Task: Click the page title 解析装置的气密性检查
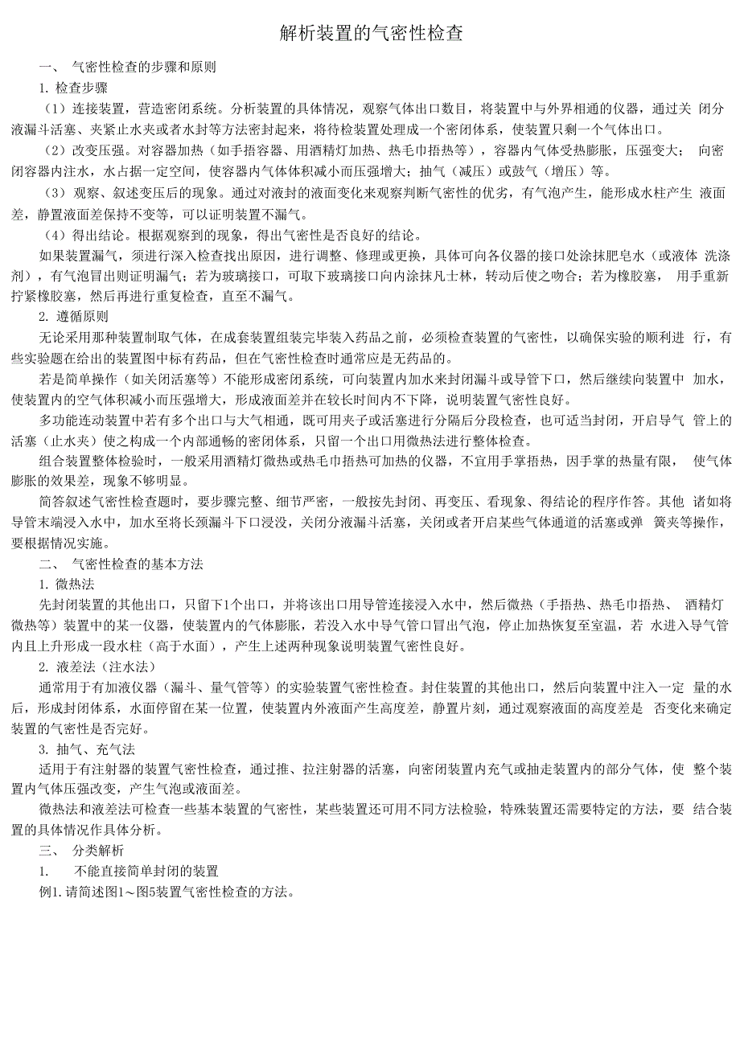[x=371, y=33]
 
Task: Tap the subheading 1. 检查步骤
[x=73, y=88]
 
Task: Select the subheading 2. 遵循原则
[x=73, y=317]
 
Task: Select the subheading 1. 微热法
[x=67, y=585]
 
